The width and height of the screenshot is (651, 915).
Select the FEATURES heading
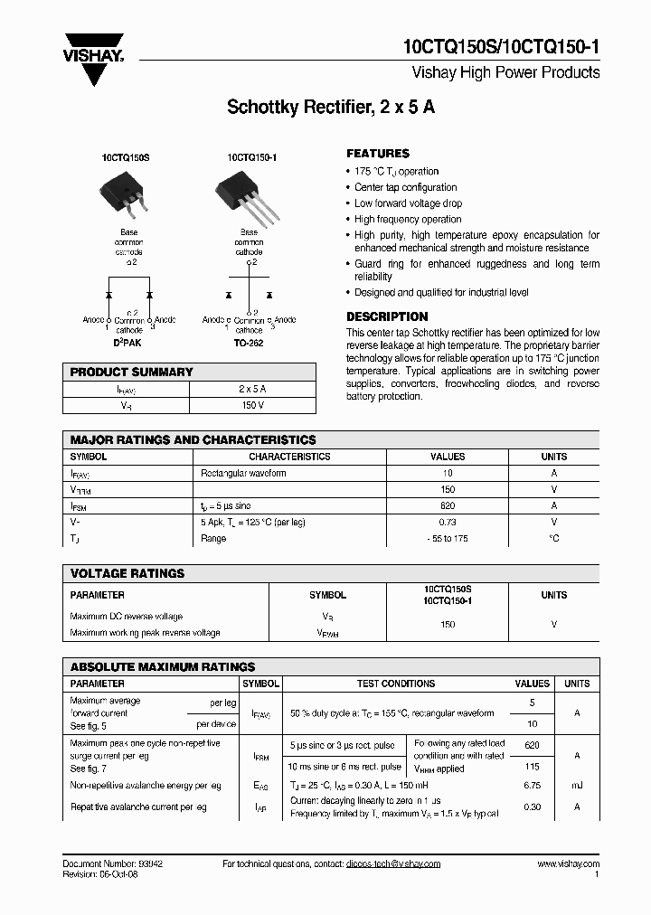(x=378, y=154)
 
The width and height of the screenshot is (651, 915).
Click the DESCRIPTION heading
(x=387, y=317)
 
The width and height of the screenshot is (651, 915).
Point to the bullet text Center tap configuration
(x=405, y=187)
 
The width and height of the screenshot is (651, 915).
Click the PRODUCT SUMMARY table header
(x=132, y=372)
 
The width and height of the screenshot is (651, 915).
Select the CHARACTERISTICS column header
(x=289, y=457)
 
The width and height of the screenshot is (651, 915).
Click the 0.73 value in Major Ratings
(x=448, y=522)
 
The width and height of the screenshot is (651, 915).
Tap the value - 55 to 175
(x=448, y=538)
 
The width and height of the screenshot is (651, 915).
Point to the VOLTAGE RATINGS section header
(x=127, y=573)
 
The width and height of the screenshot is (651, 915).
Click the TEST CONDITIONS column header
(x=395, y=684)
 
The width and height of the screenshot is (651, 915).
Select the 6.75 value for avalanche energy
(x=532, y=786)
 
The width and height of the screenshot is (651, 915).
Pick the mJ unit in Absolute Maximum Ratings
(x=577, y=786)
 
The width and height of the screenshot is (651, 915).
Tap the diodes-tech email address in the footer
(x=392, y=863)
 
